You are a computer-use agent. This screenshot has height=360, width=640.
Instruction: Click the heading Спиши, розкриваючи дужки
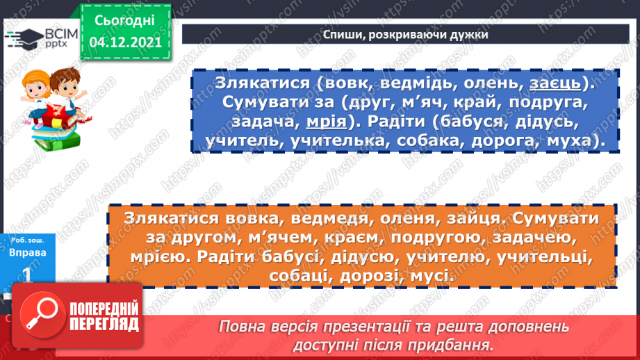[406, 34]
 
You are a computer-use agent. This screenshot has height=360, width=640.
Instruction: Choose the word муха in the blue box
[569, 142]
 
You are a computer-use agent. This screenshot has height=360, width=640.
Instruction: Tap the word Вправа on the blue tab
[28, 252]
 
